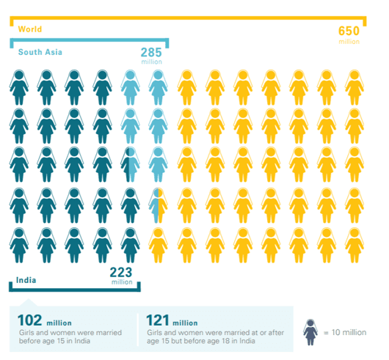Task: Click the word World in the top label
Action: coord(30,29)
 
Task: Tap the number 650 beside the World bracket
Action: coord(349,31)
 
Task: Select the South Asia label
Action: coord(40,52)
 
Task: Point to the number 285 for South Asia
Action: coord(151,53)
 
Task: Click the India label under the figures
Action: coord(26,279)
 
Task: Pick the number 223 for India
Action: coord(121,272)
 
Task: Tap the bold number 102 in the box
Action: coord(29,320)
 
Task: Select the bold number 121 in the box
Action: coord(160,320)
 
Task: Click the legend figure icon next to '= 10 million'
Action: coord(310,332)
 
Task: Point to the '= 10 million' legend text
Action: coord(344,332)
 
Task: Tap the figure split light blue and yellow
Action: coord(157,205)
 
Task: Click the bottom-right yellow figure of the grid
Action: coord(354,244)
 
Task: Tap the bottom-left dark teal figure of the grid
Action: coord(18,244)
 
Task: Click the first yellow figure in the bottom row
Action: coord(157,244)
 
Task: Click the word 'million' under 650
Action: coord(349,43)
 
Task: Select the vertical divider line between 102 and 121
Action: coord(137,331)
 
